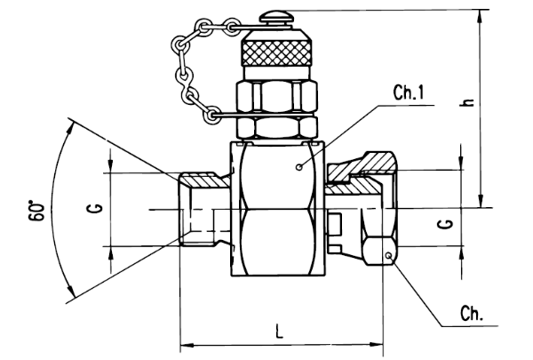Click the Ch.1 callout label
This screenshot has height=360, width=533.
409,92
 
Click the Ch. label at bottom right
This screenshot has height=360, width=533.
471,314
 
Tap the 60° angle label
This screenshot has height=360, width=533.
36,212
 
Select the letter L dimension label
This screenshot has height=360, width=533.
279,332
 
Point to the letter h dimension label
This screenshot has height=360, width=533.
468,102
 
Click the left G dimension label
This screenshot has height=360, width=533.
97,208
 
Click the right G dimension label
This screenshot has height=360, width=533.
448,224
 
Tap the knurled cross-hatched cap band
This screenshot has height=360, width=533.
276,52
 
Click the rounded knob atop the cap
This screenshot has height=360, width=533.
274,17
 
